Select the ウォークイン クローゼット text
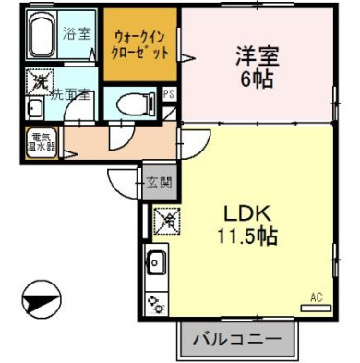click(140, 44)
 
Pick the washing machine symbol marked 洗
click(39, 83)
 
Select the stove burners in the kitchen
click(155, 300)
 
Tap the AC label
click(315, 296)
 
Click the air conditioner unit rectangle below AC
click(315, 307)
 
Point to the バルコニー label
click(235, 340)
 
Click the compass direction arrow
click(41, 299)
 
